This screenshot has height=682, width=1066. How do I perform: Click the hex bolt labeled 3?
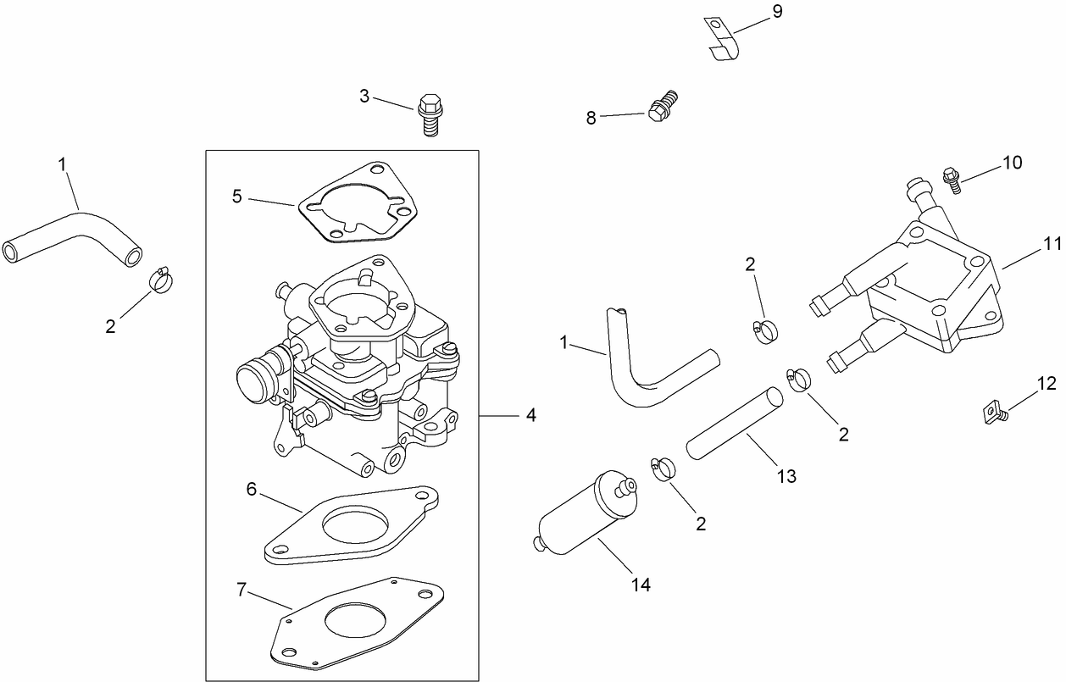(429, 115)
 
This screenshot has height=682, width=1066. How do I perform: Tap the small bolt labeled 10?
(952, 180)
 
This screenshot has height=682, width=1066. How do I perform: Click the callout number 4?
(530, 415)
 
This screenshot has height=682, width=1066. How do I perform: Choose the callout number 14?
(641, 584)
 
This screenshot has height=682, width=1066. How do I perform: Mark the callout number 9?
(777, 11)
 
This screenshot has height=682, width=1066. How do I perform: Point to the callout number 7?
(242, 590)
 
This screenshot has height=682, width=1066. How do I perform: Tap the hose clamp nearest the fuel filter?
(663, 467)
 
